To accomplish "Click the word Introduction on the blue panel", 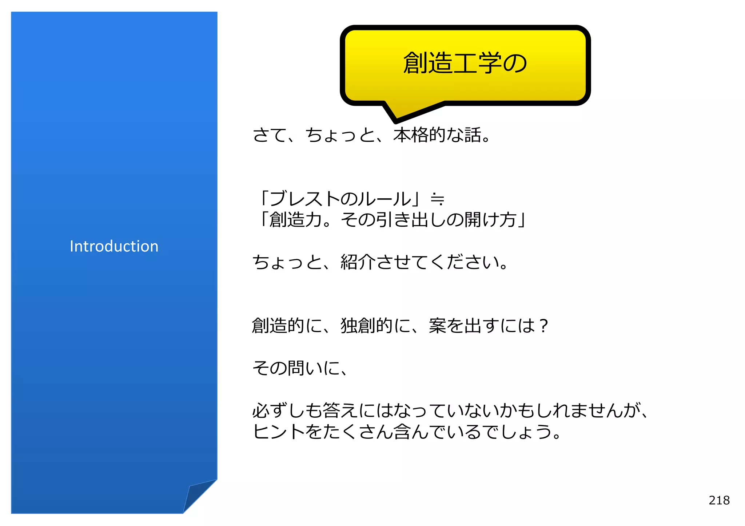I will (x=114, y=246).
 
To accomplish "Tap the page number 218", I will (x=719, y=500).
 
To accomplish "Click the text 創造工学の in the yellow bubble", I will (x=465, y=63).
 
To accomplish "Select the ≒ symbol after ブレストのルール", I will (x=437, y=199).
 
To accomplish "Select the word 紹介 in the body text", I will (x=358, y=262).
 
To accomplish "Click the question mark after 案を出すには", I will (x=544, y=325).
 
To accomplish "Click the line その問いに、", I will (x=300, y=368).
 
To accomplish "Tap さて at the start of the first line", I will (x=270, y=135).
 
